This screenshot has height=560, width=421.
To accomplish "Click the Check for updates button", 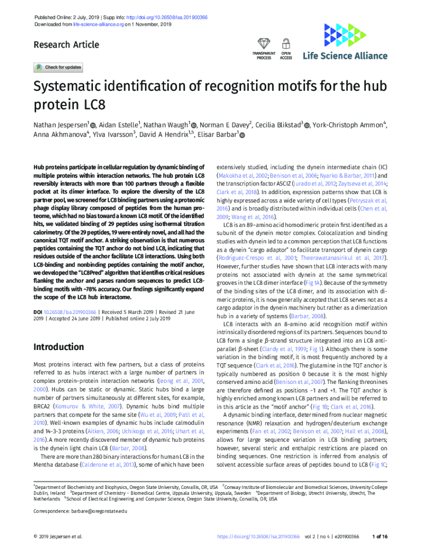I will coord(58,68).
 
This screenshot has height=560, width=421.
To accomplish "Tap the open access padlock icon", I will coord(285,44).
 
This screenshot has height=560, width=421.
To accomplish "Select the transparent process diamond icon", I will coord(264,44).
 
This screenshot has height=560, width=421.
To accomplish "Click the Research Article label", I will coord(66,45).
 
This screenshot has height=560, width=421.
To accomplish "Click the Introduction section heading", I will coord(59,347).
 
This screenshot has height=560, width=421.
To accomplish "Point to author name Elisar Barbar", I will coord(218,135).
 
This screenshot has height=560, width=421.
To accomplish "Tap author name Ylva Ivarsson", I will coord(113,135).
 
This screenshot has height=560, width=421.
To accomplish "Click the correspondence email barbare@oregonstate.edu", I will coord(98,511).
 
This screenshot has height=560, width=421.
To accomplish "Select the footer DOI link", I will coord(258,536).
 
